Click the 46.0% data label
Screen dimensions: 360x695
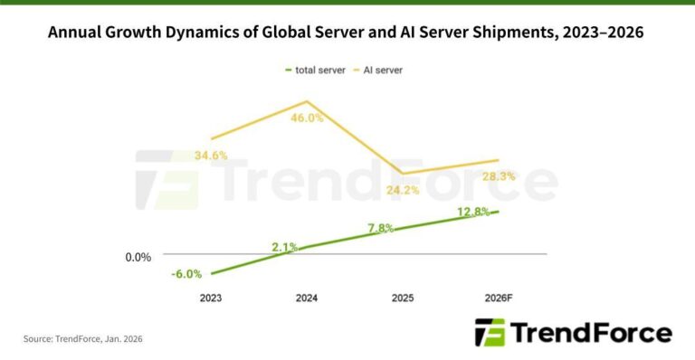pyautogui.click(x=307, y=118)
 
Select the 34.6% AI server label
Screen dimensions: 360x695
pyautogui.click(x=210, y=156)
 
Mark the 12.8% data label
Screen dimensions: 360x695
pyautogui.click(x=473, y=212)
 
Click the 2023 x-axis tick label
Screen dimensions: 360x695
pyautogui.click(x=210, y=298)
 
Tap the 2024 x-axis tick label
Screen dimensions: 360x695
pyautogui.click(x=307, y=298)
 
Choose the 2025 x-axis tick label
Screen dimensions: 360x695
pyautogui.click(x=403, y=298)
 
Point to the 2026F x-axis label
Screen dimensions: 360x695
pyautogui.click(x=498, y=298)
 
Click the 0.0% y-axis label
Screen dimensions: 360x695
pyautogui.click(x=138, y=257)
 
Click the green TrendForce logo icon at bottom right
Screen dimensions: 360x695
pyautogui.click(x=490, y=333)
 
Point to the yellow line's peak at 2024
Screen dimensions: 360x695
pyautogui.click(x=307, y=101)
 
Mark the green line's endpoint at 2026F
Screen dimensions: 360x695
pyautogui.click(x=498, y=212)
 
